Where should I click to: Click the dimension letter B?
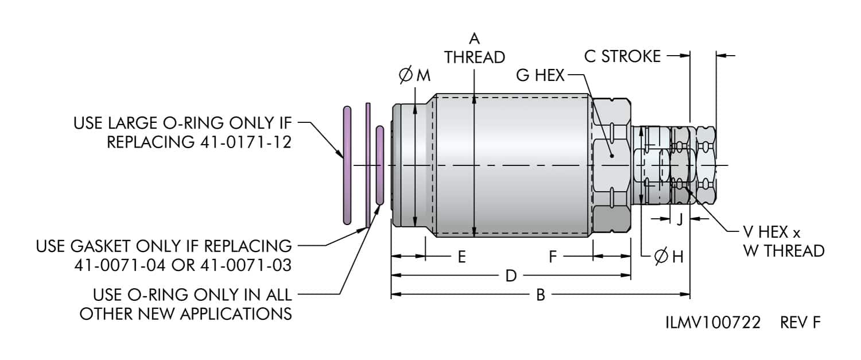point(540,295)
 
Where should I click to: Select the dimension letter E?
point(461,257)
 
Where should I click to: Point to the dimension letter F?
point(553,257)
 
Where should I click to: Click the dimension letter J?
point(680,219)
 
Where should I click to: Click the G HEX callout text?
point(540,75)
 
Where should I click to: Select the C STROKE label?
point(622,56)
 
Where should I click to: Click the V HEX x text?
point(771,233)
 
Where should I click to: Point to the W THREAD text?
point(784,251)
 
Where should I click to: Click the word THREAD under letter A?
point(474,57)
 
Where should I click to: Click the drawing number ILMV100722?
point(713,323)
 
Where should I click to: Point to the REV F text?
point(800,323)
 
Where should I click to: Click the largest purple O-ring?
point(347,165)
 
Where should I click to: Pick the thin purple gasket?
point(368,165)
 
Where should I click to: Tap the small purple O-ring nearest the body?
point(379,165)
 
